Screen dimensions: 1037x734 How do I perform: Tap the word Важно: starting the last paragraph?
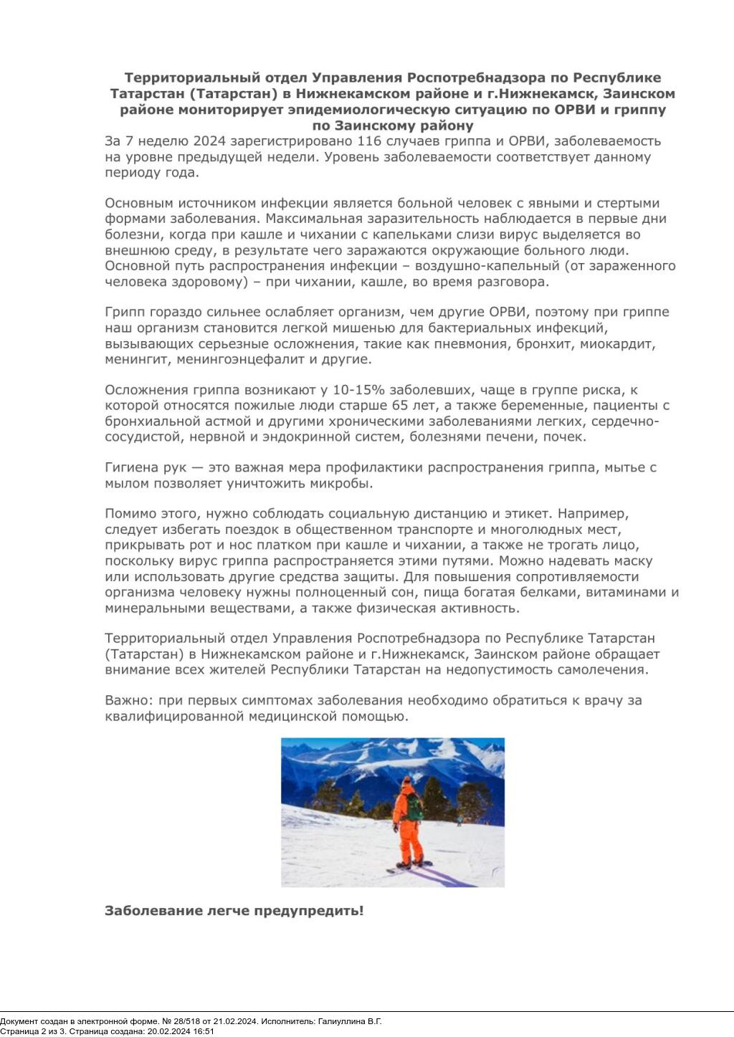[x=129, y=700]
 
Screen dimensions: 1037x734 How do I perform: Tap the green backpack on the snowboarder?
[x=413, y=806]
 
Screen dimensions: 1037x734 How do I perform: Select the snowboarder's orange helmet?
[x=407, y=780]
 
